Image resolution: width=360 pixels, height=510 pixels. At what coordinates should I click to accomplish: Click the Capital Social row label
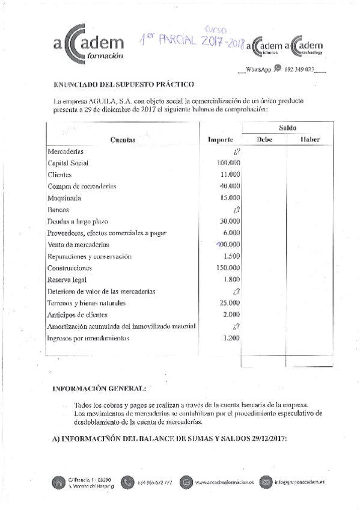[68, 164]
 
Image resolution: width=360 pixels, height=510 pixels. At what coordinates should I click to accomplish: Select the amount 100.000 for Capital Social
[228, 164]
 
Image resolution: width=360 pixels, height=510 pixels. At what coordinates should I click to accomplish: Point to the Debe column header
[264, 140]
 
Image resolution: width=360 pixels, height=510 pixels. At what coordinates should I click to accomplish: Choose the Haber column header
[310, 140]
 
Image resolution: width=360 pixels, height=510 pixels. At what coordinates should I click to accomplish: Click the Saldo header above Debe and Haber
[287, 128]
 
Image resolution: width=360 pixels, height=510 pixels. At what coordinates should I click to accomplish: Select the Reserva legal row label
[67, 280]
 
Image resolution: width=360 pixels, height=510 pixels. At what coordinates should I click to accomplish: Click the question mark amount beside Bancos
[237, 210]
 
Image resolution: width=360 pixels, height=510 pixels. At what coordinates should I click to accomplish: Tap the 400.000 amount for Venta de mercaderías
[228, 245]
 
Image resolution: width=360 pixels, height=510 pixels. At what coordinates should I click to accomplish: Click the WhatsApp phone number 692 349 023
[299, 70]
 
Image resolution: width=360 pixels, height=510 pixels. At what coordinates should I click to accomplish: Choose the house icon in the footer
[59, 482]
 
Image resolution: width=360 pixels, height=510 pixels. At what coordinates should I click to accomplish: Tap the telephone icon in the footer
[127, 482]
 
